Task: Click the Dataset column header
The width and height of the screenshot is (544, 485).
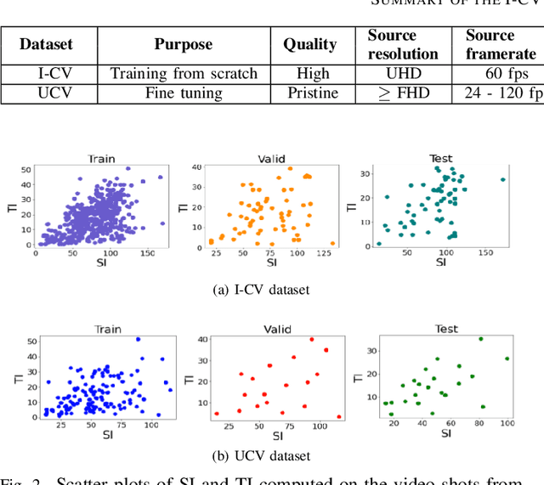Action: [47, 44]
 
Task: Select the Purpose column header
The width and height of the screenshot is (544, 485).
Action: [183, 44]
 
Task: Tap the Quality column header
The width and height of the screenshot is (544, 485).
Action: [309, 44]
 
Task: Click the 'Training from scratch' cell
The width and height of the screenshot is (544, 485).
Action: [183, 74]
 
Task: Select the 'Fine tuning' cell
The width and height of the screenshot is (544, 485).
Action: [183, 93]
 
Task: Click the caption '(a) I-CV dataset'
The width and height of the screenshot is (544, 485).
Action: [260, 290]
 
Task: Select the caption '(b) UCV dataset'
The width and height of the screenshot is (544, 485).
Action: [260, 455]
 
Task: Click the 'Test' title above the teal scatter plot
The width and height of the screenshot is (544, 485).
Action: [440, 158]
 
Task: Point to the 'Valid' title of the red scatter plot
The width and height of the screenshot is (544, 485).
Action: [270, 328]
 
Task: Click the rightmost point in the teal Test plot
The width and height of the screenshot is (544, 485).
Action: [503, 179]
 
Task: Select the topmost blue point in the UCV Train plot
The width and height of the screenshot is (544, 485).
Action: [138, 340]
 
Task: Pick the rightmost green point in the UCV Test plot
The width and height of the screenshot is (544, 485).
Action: [507, 358]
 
